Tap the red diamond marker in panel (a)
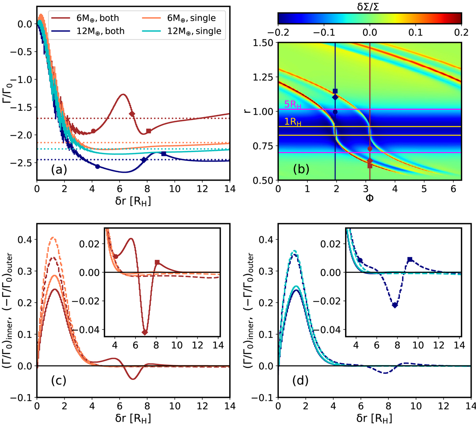(132, 114)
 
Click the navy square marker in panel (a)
(164, 154)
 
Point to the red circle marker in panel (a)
(93, 131)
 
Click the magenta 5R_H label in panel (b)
(293, 105)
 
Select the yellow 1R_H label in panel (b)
(293, 122)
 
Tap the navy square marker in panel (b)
(335, 91)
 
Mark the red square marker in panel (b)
(370, 166)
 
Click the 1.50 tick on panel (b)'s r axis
(265, 42)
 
